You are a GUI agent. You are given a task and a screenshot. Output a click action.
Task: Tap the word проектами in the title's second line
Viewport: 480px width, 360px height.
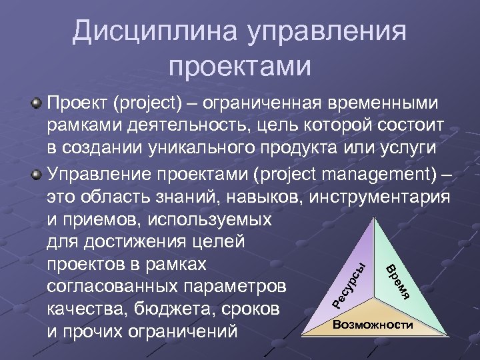pos(240,66)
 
